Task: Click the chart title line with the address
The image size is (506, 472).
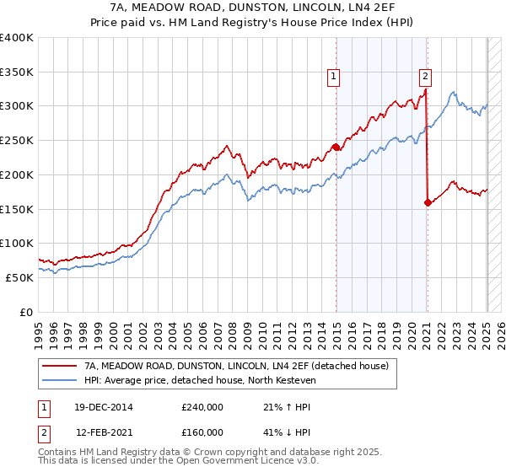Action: coord(252,8)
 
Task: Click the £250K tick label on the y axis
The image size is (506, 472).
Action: coord(17,140)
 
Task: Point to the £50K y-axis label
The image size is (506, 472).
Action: coord(19,276)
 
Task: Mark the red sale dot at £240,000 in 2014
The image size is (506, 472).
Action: coord(336,147)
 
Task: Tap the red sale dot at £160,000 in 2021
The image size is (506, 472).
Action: coord(428,201)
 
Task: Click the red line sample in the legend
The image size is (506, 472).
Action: coord(60,366)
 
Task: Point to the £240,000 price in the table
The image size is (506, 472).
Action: coord(202,407)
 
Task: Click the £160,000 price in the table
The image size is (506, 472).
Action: coord(202,432)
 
